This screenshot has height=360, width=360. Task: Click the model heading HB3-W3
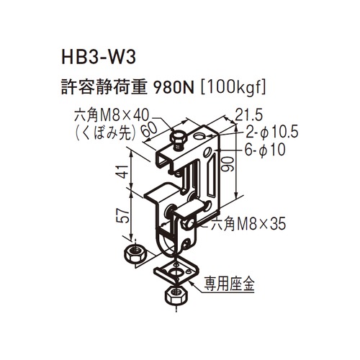pos(99,58)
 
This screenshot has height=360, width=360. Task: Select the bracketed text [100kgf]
pos(233,88)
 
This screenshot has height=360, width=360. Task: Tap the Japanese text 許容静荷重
pos(104,88)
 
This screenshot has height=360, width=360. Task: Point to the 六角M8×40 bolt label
pos(112,117)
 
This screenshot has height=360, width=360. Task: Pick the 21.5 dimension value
pos(248,115)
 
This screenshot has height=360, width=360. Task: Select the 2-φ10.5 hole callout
pos(272,132)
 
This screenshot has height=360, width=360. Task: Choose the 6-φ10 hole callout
pos(265,150)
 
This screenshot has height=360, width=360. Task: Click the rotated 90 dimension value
pos(227,163)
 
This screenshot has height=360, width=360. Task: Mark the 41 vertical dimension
pos(123,171)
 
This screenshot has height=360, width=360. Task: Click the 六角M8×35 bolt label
pos(248,225)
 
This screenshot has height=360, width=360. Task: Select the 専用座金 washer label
pos(229,284)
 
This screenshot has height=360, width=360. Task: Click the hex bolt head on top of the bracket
pos(178,138)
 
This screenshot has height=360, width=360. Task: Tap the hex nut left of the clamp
pos(134,253)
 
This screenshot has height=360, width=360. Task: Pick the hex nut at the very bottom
pos(176,295)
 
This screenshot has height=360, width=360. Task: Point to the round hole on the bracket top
pos(199,137)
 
